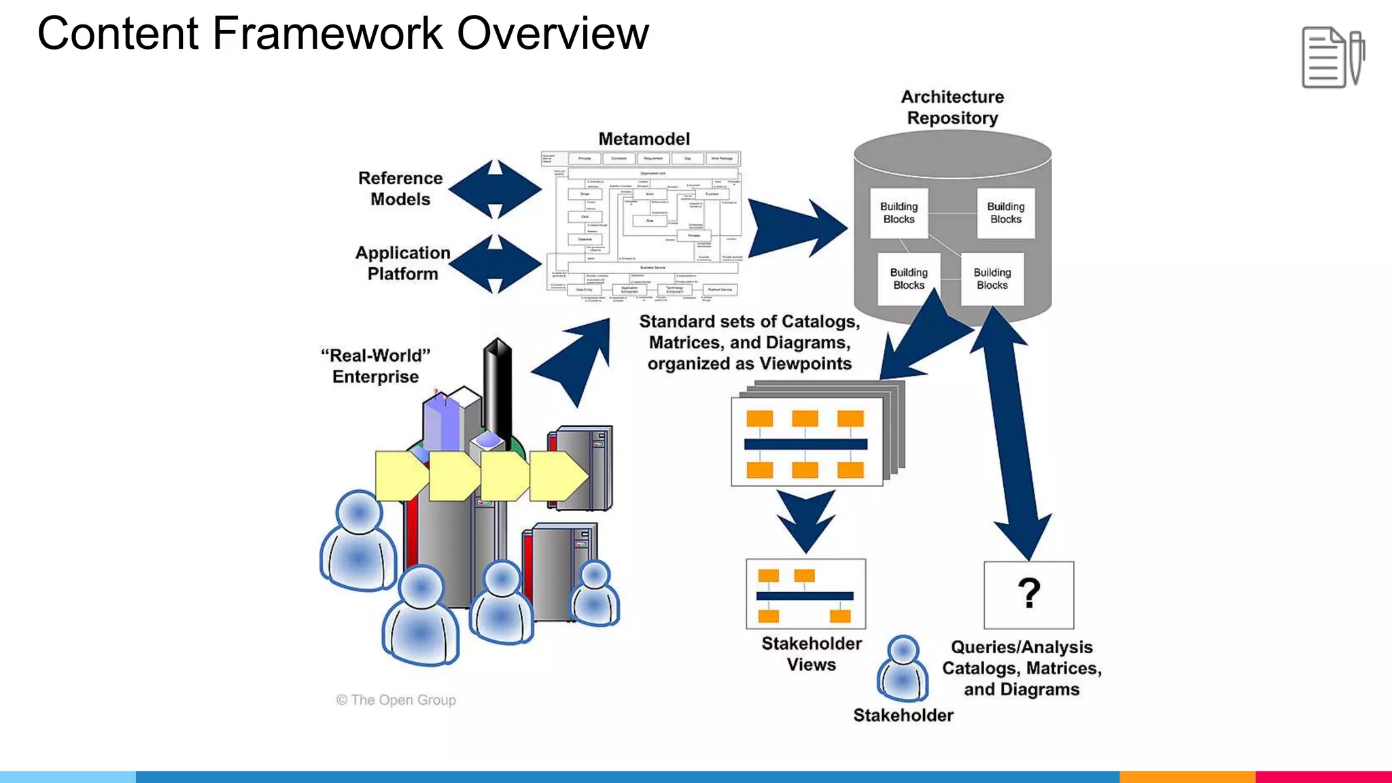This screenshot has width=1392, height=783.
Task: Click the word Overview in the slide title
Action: [x=553, y=34]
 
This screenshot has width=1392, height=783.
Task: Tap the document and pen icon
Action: [x=1332, y=58]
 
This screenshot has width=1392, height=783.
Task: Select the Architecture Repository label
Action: [x=952, y=107]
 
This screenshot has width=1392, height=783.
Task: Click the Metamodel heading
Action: [x=644, y=139]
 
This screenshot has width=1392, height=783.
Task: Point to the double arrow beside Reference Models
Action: [x=495, y=190]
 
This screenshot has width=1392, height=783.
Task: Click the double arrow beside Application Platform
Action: [x=495, y=264]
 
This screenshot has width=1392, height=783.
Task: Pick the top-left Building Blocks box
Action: [x=899, y=213]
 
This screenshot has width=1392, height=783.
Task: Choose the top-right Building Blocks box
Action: [x=1005, y=213]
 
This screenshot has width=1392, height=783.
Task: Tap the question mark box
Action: [x=1028, y=595]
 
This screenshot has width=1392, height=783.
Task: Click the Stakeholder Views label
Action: [x=811, y=654]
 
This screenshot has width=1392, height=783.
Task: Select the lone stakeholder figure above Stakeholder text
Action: [x=903, y=669]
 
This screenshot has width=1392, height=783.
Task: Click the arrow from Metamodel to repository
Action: [x=795, y=228]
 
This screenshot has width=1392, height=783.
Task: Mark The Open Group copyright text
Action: [x=396, y=700]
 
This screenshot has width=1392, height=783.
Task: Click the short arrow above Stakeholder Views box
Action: [x=805, y=520]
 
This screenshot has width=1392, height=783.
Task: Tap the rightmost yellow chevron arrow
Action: [x=557, y=476]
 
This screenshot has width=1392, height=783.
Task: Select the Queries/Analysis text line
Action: [x=1021, y=647]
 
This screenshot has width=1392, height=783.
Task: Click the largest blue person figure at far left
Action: [x=358, y=540]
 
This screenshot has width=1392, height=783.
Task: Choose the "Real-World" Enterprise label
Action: [x=375, y=366]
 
